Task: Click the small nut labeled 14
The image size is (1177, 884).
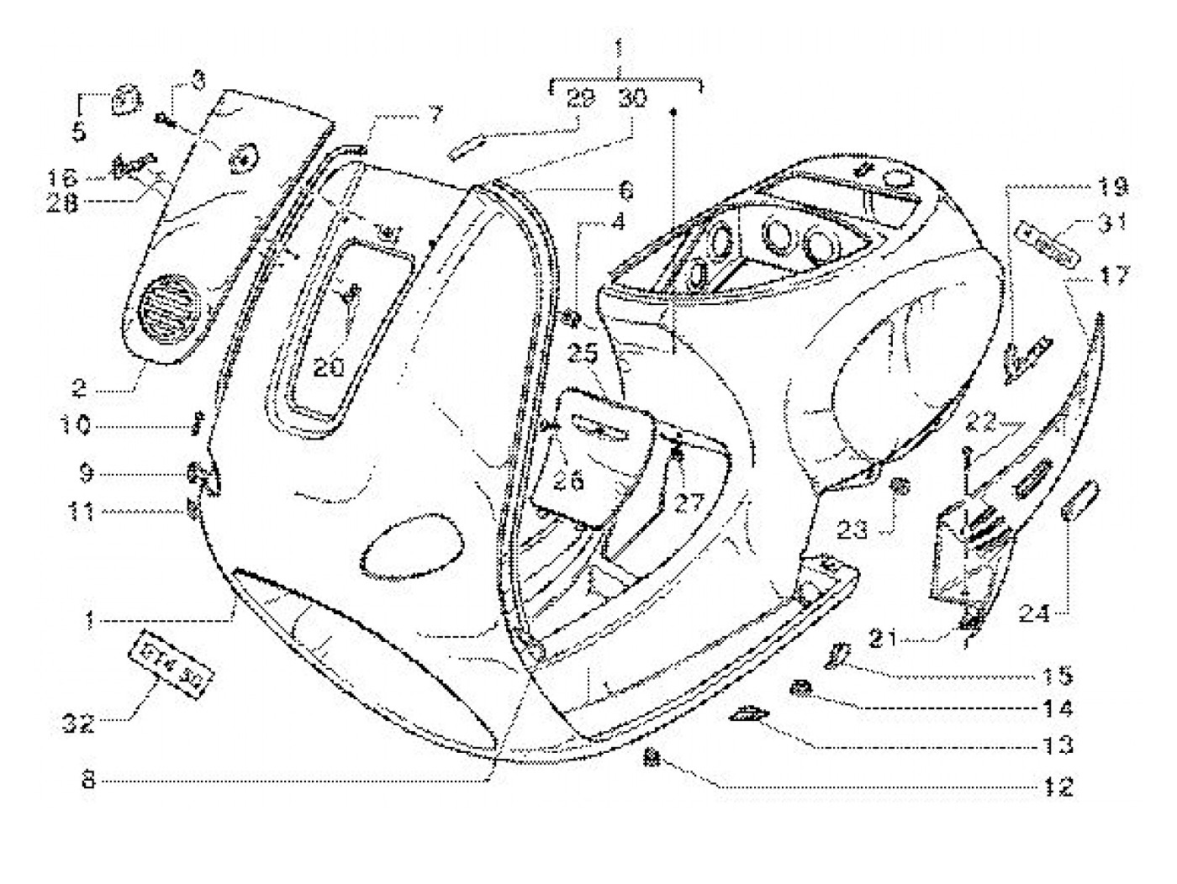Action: pos(800,689)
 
